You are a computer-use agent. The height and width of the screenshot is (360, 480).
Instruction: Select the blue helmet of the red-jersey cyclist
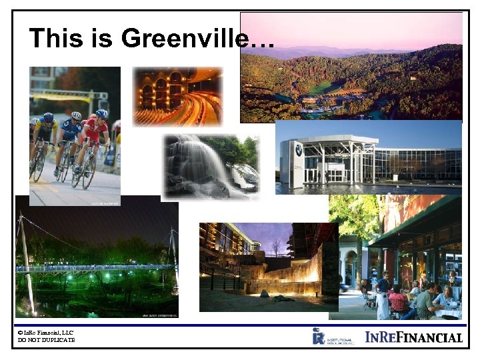101,114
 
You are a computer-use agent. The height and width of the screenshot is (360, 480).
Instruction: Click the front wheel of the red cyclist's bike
89,172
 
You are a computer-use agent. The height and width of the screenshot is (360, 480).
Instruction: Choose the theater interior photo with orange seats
177,96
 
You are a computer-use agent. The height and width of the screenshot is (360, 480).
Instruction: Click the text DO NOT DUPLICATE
47,340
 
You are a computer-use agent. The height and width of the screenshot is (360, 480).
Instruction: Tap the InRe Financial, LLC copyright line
47,332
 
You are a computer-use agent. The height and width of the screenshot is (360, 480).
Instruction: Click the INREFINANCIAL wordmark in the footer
413,337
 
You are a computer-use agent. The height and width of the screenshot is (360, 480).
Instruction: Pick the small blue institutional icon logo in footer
319,335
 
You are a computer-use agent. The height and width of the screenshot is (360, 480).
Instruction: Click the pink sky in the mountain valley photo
347,30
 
